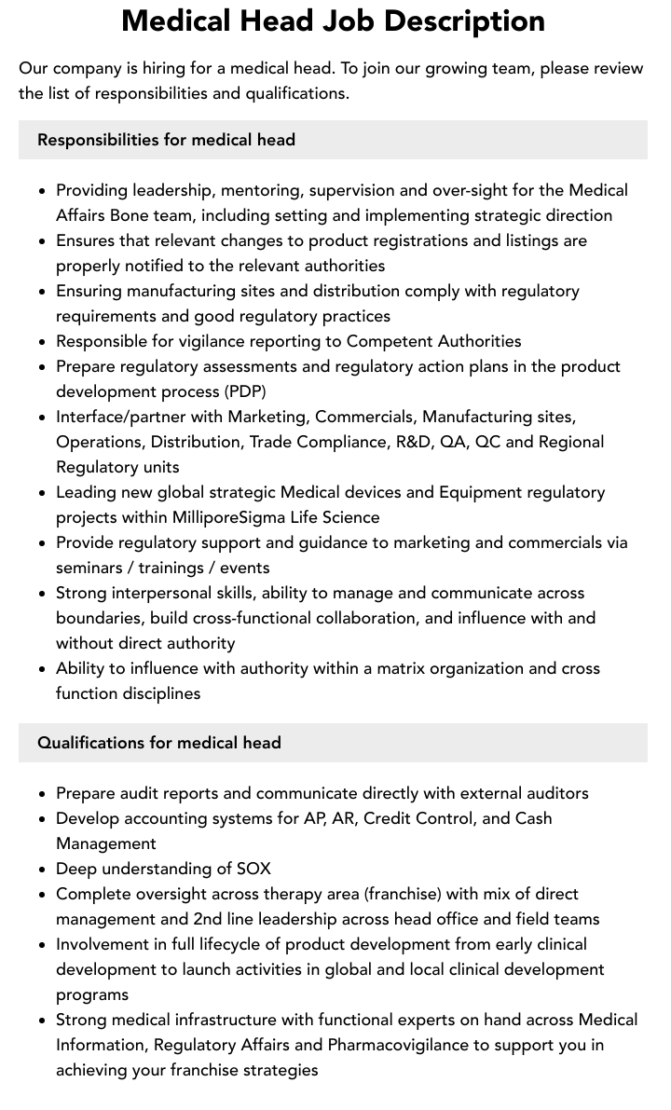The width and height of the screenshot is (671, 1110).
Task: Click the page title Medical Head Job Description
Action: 334,21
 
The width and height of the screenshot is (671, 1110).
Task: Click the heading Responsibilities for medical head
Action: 166,140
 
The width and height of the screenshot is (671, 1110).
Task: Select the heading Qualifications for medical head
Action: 158,743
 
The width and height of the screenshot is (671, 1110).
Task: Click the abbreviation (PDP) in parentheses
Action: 240,391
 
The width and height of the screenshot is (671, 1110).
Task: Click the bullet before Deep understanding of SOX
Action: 42,870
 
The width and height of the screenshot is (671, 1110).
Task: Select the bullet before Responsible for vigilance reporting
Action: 42,342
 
